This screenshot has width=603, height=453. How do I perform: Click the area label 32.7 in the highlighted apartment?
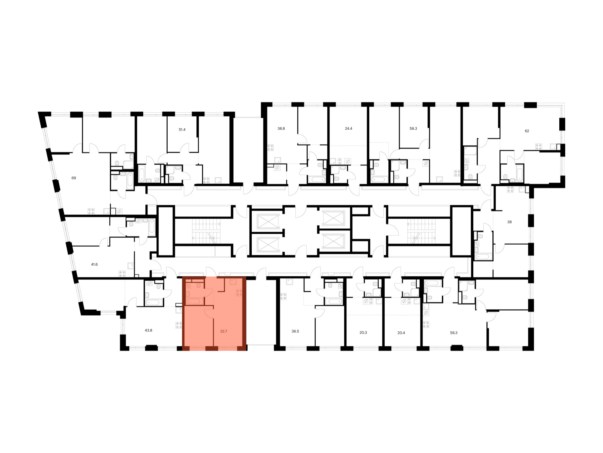point(223,331)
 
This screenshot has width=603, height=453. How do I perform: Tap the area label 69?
point(74,178)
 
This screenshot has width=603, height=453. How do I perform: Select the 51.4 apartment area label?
point(182,130)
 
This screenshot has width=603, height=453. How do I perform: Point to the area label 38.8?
point(281,128)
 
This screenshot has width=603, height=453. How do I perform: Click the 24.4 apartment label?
point(349,128)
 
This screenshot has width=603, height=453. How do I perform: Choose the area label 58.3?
point(413,128)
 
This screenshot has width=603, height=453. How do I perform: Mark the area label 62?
point(527,131)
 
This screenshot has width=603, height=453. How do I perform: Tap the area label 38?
point(509,222)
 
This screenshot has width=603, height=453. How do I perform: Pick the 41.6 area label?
point(94,264)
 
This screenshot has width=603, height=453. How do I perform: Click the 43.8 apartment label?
point(148,330)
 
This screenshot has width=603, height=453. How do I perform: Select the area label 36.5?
point(295,331)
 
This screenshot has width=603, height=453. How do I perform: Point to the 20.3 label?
point(363,333)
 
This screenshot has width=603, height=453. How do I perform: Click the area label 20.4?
point(401,333)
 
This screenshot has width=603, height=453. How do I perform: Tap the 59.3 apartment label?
point(454,333)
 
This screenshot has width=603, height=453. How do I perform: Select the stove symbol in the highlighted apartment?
point(239,292)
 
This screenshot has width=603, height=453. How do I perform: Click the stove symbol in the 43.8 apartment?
point(179,325)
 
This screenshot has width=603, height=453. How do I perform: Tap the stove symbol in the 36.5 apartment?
point(283,297)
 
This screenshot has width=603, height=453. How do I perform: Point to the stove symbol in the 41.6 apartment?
point(122,274)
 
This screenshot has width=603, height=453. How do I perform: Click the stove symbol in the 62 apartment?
point(538,147)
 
